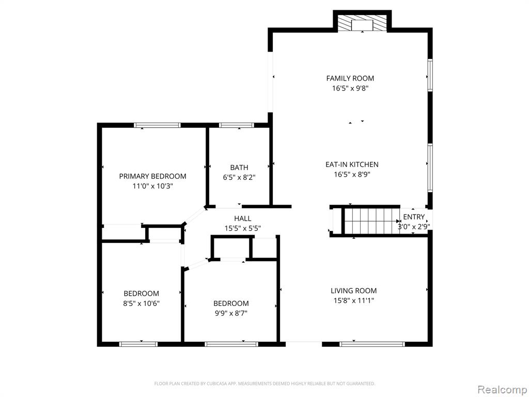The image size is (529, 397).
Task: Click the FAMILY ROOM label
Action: click(x=350, y=79)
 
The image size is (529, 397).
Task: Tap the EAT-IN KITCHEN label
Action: click(x=352, y=164)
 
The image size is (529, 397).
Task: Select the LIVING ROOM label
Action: click(x=353, y=291)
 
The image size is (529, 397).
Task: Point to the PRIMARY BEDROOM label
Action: click(x=152, y=176)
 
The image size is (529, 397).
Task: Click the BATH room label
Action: click(x=239, y=167)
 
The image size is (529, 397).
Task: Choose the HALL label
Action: click(x=243, y=219)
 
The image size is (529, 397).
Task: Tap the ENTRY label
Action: click(x=414, y=217)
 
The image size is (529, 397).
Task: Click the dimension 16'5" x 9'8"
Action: click(x=350, y=88)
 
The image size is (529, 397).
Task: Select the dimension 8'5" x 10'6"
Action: click(x=141, y=303)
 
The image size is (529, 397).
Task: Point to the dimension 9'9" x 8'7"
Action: click(x=231, y=313)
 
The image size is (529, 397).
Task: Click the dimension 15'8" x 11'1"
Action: click(x=353, y=300)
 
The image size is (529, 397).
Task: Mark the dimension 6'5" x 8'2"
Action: click(x=239, y=177)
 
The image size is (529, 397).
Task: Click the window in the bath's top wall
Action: click(x=236, y=125)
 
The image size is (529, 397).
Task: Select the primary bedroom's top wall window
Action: click(x=157, y=125)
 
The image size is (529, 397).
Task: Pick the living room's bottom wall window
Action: click(x=372, y=344)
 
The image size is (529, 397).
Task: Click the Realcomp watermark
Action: click(x=502, y=390)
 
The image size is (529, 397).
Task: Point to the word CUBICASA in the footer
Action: click(x=215, y=384)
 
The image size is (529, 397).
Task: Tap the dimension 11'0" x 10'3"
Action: click(x=152, y=186)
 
